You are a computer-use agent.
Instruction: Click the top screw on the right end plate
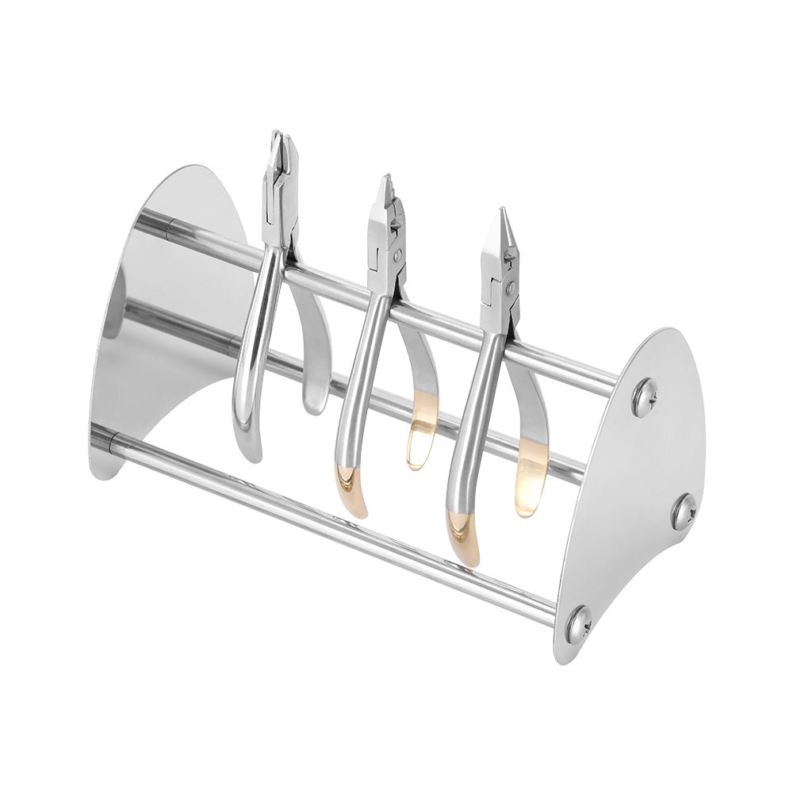point(644,396)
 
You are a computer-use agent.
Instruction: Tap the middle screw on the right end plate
point(683,512)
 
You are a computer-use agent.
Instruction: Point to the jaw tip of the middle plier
point(386,183)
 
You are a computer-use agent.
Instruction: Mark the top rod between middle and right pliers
point(444,320)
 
